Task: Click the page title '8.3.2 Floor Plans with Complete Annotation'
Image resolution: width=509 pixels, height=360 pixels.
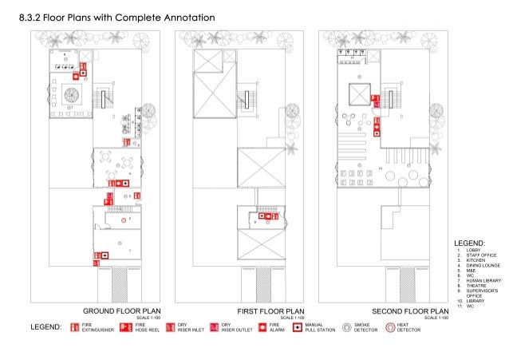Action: click(x=116, y=17)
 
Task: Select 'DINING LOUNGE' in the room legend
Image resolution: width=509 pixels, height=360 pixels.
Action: click(x=483, y=265)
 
